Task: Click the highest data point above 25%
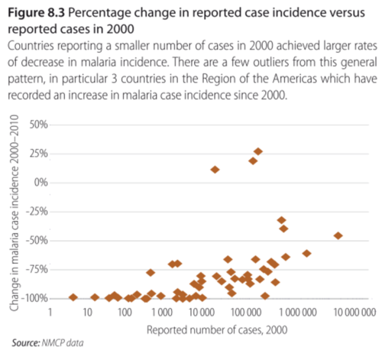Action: click(258, 151)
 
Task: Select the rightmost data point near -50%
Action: click(338, 235)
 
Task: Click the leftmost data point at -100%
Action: click(73, 297)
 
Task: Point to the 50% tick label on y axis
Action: click(39, 125)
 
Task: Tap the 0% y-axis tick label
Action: click(41, 183)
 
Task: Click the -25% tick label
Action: click(37, 211)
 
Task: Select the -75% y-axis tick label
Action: click(37, 269)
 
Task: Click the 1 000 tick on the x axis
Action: click(162, 312)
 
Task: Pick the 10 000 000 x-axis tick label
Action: click(354, 312)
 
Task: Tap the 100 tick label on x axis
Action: click(125, 312)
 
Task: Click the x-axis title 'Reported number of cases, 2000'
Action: click(217, 330)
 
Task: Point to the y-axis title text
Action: click(14, 212)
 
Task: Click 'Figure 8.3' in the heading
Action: click(37, 13)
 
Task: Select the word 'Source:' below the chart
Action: click(26, 343)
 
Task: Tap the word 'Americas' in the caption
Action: click(295, 79)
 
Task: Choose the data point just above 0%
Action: click(215, 170)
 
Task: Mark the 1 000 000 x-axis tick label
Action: click(298, 312)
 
